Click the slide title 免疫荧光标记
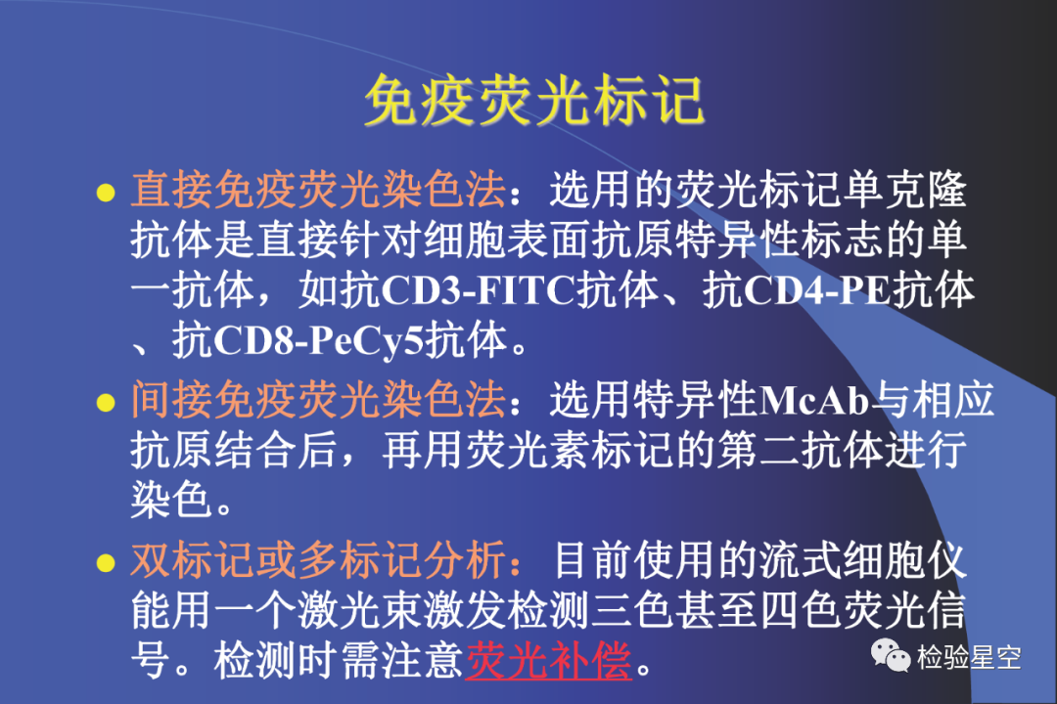(534, 101)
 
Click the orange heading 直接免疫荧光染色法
(318, 190)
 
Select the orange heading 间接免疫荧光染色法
(318, 400)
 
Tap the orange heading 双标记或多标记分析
(318, 560)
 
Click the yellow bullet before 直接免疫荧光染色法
(106, 193)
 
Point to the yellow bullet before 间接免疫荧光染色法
(106, 403)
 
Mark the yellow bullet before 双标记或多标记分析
(106, 562)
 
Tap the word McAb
(813, 401)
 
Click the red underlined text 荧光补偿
(549, 660)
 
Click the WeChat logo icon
(891, 655)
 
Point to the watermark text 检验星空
(969, 657)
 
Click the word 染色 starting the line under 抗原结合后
(172, 500)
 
